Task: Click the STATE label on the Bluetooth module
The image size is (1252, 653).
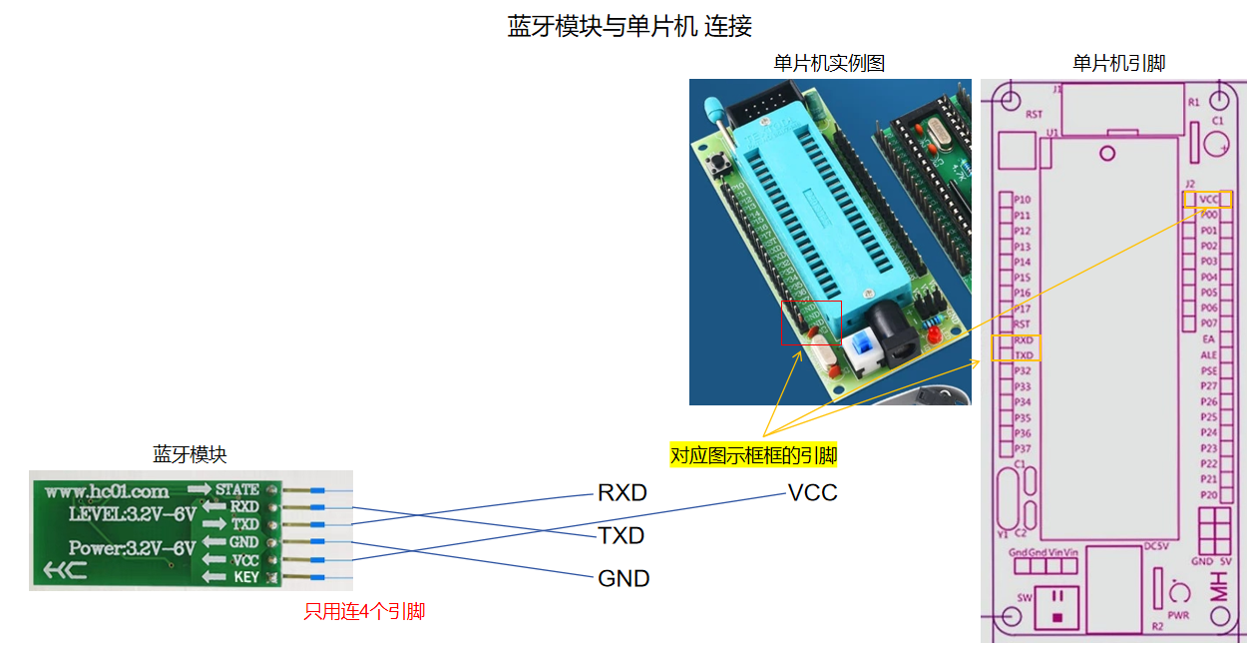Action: (x=236, y=489)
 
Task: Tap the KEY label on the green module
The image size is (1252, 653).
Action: (x=245, y=577)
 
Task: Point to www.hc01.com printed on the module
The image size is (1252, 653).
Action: (x=107, y=491)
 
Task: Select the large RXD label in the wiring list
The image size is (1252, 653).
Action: (x=622, y=493)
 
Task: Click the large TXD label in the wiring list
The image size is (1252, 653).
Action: (x=622, y=536)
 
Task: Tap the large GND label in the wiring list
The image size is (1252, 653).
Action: (x=624, y=579)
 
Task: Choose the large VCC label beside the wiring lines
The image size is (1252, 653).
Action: (x=812, y=493)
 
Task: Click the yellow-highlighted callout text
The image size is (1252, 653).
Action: (x=754, y=456)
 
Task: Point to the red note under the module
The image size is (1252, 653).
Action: (x=364, y=611)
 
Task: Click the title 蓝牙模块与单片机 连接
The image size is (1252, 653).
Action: (x=629, y=26)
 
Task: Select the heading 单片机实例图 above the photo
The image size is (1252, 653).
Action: (x=829, y=63)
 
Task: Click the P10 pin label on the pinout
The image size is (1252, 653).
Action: (x=1022, y=200)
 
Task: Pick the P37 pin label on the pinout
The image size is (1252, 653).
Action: (x=1022, y=448)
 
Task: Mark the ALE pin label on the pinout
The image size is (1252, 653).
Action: (x=1209, y=354)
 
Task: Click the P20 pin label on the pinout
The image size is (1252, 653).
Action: (x=1209, y=495)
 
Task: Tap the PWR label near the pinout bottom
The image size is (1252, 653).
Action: (x=1178, y=615)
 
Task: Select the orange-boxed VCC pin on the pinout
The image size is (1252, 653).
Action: (x=1209, y=200)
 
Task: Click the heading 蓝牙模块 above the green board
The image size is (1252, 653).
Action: (x=190, y=455)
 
